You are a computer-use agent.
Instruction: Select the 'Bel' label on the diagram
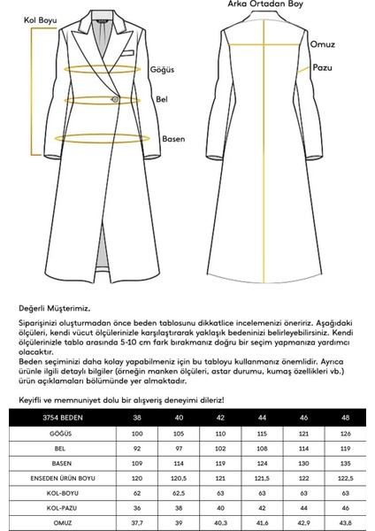coord(161,99)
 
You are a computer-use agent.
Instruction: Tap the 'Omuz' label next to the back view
coord(322,43)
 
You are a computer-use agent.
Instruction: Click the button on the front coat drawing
coord(115,100)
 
